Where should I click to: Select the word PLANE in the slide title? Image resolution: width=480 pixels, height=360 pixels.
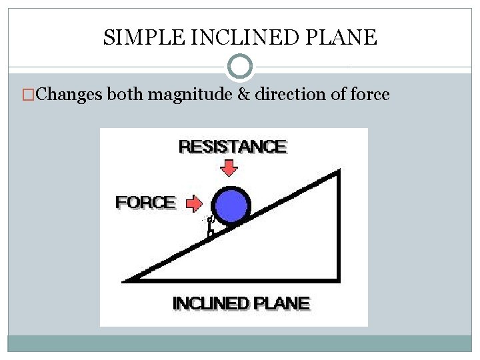349,37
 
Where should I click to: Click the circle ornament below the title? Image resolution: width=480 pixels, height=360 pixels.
240,67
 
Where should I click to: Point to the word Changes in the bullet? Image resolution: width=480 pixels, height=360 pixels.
69,95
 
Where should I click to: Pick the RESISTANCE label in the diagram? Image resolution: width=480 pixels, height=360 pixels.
233,147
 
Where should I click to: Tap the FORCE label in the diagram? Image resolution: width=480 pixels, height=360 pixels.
145,202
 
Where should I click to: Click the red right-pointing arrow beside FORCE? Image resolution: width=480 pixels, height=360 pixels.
194,202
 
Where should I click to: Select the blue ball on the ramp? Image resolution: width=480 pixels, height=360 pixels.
231,205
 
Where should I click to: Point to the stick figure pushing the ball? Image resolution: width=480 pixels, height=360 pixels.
211,225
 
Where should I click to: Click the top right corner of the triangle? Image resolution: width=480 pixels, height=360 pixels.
339,173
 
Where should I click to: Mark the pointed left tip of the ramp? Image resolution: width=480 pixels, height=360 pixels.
125,281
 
